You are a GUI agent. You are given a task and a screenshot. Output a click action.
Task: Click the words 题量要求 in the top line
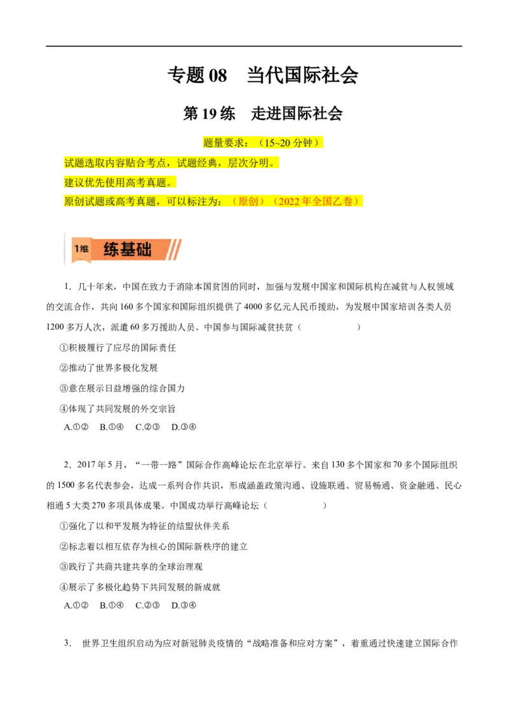224,143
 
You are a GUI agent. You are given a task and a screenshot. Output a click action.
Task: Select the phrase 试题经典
197,163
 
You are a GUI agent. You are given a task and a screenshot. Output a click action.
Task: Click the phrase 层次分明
248,163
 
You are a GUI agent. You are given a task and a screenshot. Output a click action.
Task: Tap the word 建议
74,183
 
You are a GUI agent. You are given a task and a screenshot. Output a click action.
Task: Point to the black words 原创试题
84,202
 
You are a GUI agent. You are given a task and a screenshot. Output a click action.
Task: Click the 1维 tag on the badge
81,249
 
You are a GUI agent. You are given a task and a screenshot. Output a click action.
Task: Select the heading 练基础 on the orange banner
128,250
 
